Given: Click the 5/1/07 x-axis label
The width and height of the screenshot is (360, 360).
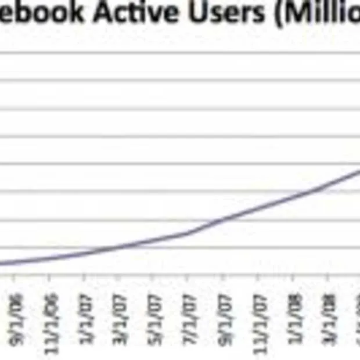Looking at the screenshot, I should tap(154, 316).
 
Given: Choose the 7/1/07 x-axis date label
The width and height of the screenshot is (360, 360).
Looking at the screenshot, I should tap(189, 316).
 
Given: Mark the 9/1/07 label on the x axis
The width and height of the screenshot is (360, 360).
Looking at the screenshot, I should tap(223, 316).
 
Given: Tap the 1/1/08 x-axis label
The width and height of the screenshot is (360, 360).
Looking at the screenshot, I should tap(294, 316).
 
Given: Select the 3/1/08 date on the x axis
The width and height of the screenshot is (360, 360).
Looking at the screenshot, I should tap(329, 316).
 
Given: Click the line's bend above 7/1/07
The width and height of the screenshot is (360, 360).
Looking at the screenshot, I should tap(188, 233).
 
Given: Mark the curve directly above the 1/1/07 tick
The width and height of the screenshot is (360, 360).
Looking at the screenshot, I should tap(84, 253).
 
